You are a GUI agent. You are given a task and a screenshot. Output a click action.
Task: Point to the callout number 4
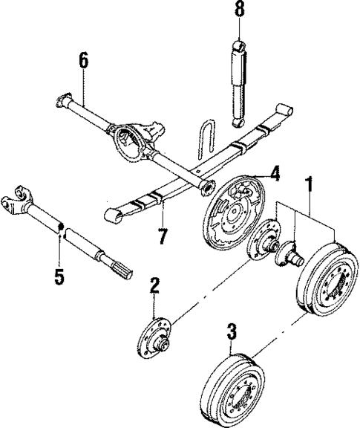tap(274, 175)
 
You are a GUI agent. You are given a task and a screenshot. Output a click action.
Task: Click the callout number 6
tap(83, 59)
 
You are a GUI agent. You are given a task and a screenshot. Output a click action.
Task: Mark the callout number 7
tap(162, 236)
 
